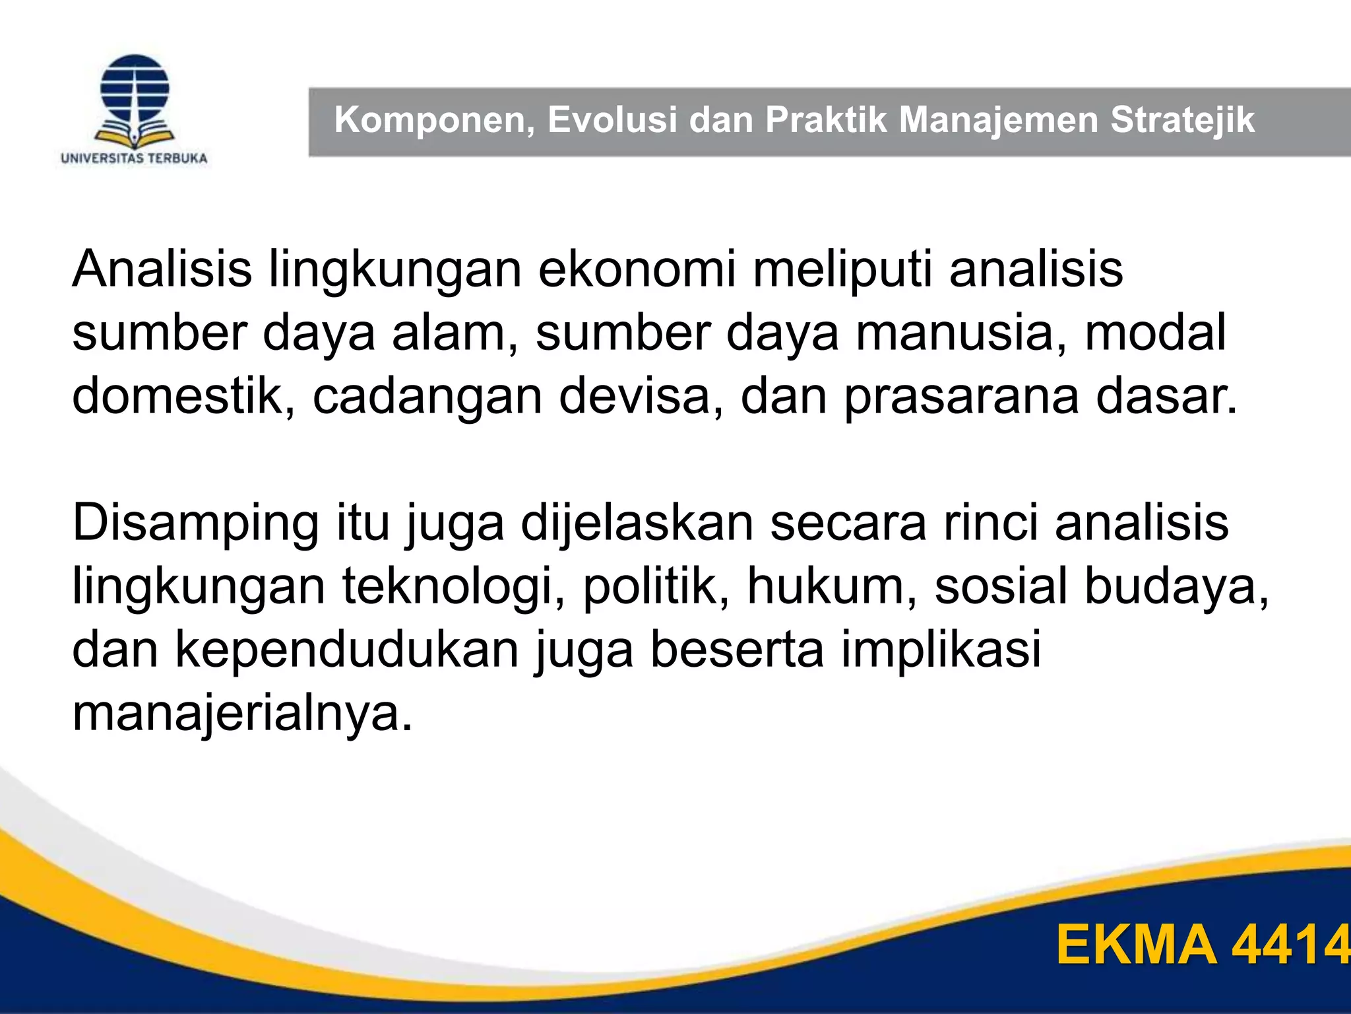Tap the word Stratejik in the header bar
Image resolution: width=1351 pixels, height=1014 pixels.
(x=1182, y=121)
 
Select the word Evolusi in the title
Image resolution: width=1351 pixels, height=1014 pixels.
(x=612, y=121)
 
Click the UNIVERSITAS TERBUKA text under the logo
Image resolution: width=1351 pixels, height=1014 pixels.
(x=134, y=158)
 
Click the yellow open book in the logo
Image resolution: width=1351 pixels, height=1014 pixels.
(x=135, y=137)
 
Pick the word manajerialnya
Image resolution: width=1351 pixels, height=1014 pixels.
(x=242, y=713)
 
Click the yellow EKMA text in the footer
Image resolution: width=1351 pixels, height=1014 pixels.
(x=1136, y=945)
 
